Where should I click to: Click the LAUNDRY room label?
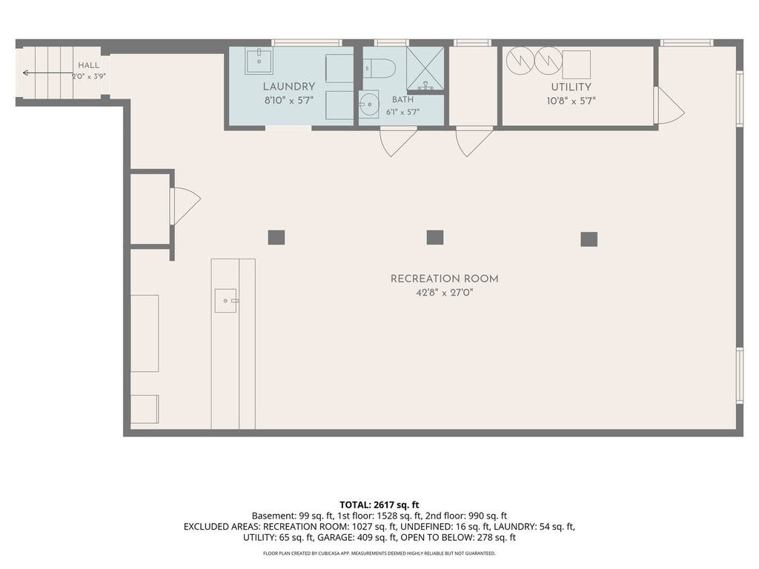[x=289, y=87]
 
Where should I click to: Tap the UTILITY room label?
[x=571, y=87]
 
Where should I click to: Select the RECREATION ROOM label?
[x=445, y=279]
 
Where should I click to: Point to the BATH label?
[x=402, y=100]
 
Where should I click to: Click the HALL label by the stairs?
[x=89, y=65]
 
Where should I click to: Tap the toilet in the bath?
[x=379, y=68]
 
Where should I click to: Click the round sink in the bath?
[x=369, y=104]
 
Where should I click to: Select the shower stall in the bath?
[x=425, y=68]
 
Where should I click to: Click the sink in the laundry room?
[x=259, y=61]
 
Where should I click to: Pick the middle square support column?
[x=435, y=238]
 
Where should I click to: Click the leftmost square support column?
[x=276, y=238]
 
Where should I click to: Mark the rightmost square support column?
[x=589, y=239]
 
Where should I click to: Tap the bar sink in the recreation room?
[x=226, y=301]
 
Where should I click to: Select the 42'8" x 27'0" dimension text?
[x=445, y=293]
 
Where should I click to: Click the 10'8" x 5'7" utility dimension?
[x=571, y=101]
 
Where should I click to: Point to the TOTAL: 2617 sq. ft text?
[x=379, y=505]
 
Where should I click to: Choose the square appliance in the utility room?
[x=576, y=64]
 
